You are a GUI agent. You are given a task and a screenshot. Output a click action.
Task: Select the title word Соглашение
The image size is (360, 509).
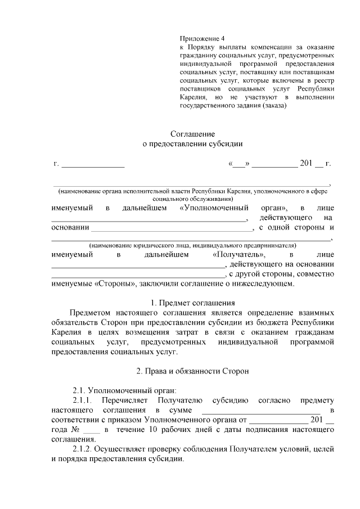pos(193,134)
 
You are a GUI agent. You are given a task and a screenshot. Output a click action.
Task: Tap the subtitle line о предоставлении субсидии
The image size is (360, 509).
pos(193,144)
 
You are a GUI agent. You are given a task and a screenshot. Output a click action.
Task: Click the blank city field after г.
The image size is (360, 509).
pos(93,164)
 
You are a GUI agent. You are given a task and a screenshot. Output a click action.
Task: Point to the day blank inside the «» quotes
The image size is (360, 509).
pos(238,164)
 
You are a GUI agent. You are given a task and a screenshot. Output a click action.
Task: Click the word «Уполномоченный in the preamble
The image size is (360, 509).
pos(214,209)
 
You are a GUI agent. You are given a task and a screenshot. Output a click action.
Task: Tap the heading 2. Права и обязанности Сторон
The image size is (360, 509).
pos(193,371)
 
